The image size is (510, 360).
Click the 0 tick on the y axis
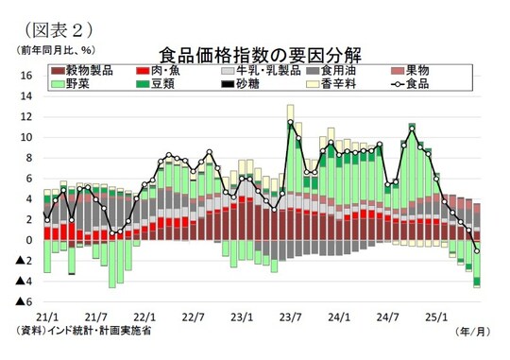(29, 240)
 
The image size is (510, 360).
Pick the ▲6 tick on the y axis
(25, 301)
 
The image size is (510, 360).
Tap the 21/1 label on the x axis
(47, 317)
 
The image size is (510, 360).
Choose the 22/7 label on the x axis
(192, 317)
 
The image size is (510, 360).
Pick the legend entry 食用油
(341, 71)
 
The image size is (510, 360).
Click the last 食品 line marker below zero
(477, 250)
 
